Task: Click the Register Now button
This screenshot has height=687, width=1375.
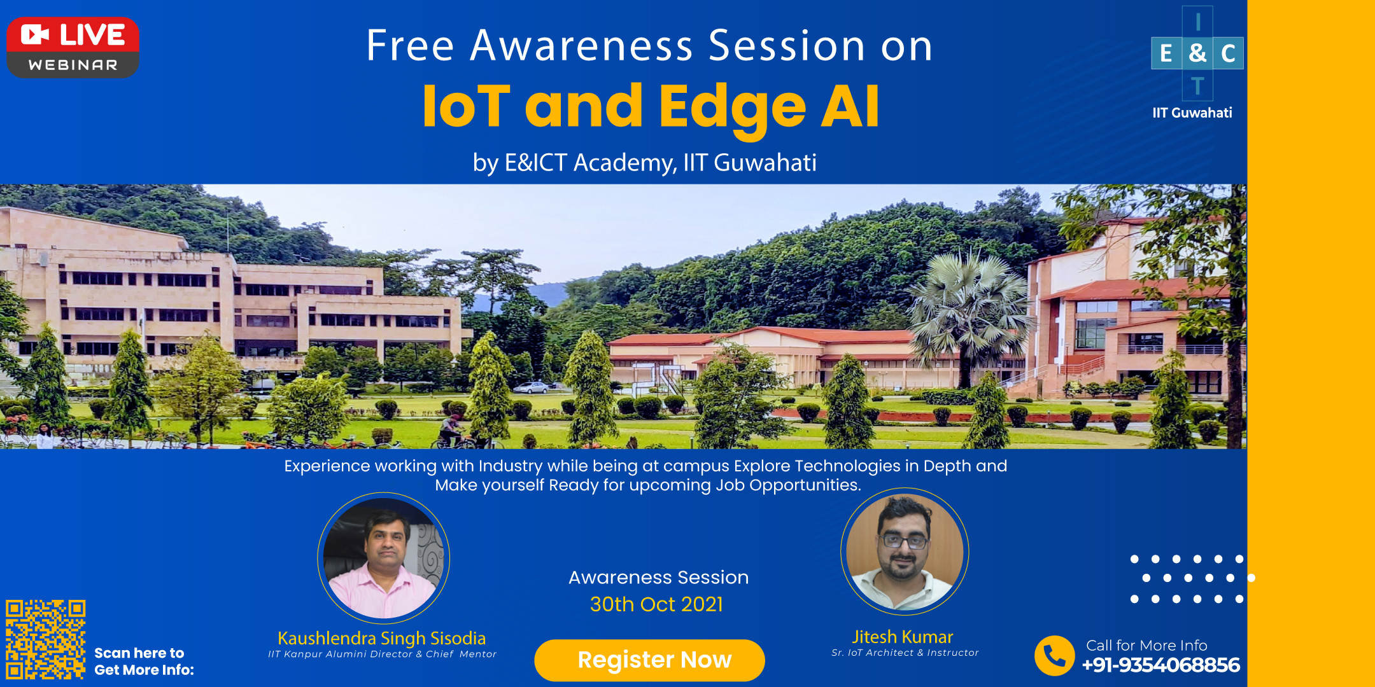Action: point(649,660)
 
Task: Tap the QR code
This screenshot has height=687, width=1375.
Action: point(46,639)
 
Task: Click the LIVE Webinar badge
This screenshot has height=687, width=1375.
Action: point(73,48)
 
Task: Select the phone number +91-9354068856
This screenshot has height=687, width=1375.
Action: point(1161,665)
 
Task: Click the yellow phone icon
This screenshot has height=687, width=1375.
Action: point(1054,656)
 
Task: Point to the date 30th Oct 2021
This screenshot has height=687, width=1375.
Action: point(656,604)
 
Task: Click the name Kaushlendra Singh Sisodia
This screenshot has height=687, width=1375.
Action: point(382,638)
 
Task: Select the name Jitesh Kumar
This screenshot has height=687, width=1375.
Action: point(903,637)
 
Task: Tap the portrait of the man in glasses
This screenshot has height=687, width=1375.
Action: point(905,552)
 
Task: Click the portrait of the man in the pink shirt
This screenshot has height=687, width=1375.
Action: point(384,559)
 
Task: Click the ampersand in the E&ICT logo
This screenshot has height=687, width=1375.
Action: point(1197,53)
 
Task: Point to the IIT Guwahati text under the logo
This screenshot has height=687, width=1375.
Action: point(1192,113)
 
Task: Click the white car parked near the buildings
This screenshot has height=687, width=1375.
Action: point(532,387)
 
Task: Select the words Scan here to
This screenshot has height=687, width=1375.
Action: point(139,653)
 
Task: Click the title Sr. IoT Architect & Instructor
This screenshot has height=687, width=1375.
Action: point(905,653)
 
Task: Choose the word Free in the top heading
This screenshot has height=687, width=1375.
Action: point(411,46)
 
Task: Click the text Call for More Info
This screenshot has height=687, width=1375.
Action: point(1146,645)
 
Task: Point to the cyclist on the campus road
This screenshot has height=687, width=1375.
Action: point(452,432)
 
